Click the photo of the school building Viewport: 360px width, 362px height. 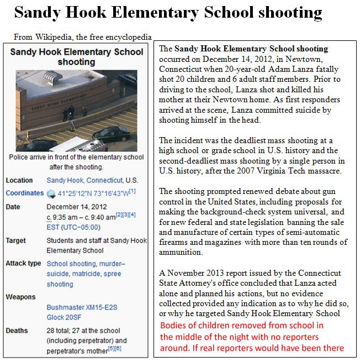tap(76, 110)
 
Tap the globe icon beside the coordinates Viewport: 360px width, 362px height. tap(51, 193)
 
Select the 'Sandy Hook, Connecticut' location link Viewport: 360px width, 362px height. tap(84, 180)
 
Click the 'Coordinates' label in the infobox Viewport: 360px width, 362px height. tap(24, 193)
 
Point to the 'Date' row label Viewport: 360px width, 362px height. tap(13, 207)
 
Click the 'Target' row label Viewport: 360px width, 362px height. tap(15, 241)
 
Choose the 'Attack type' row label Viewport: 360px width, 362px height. tap(23, 264)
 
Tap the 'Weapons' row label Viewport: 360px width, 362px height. tap(20, 297)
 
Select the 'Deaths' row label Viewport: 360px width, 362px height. tap(17, 330)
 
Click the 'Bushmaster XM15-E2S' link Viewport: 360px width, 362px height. tap(82, 307)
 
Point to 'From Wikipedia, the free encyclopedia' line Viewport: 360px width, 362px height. tap(82, 38)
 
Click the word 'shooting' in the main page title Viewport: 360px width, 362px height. tap(286, 12)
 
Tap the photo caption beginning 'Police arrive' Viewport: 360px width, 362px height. tap(76, 161)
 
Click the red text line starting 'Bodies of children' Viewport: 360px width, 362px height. tap(242, 326)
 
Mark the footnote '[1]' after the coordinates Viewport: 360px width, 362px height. tap(133, 191)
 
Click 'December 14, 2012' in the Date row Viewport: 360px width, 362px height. tap(76, 207)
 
